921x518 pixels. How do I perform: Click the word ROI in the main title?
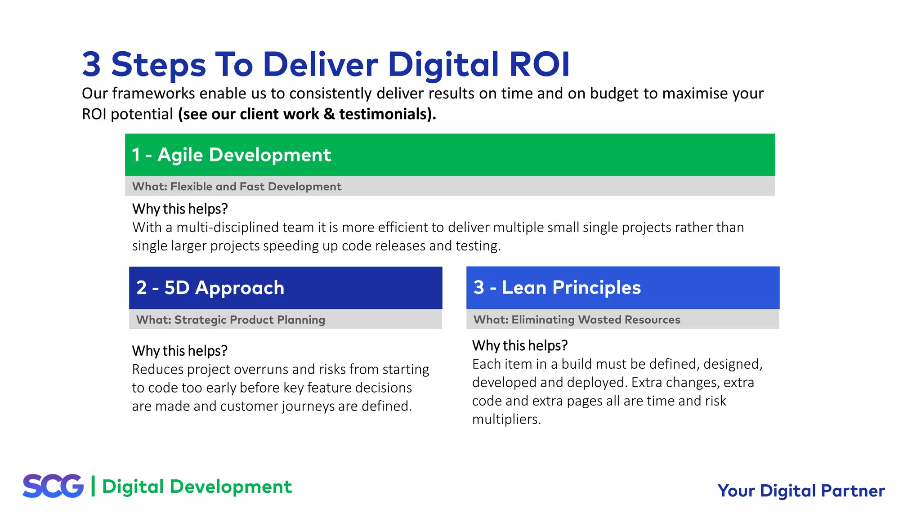539,64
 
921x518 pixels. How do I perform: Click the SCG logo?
53,486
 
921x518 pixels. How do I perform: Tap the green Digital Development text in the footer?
197,487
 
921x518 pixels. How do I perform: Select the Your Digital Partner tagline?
801,491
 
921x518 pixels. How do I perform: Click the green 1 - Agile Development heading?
231,155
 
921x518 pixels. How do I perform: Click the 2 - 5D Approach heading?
210,288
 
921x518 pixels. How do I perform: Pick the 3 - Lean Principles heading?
557,287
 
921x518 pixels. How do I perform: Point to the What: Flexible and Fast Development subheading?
237,186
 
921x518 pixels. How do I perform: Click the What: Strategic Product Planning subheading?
230,320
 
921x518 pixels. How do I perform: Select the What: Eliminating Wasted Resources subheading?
577,320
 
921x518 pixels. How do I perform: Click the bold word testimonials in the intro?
385,114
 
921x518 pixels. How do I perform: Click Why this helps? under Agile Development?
180,209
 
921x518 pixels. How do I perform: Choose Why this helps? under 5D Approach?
179,351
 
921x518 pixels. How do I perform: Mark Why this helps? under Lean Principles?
519,346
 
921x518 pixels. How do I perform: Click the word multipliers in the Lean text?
505,420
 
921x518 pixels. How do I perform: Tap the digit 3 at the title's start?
91,64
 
